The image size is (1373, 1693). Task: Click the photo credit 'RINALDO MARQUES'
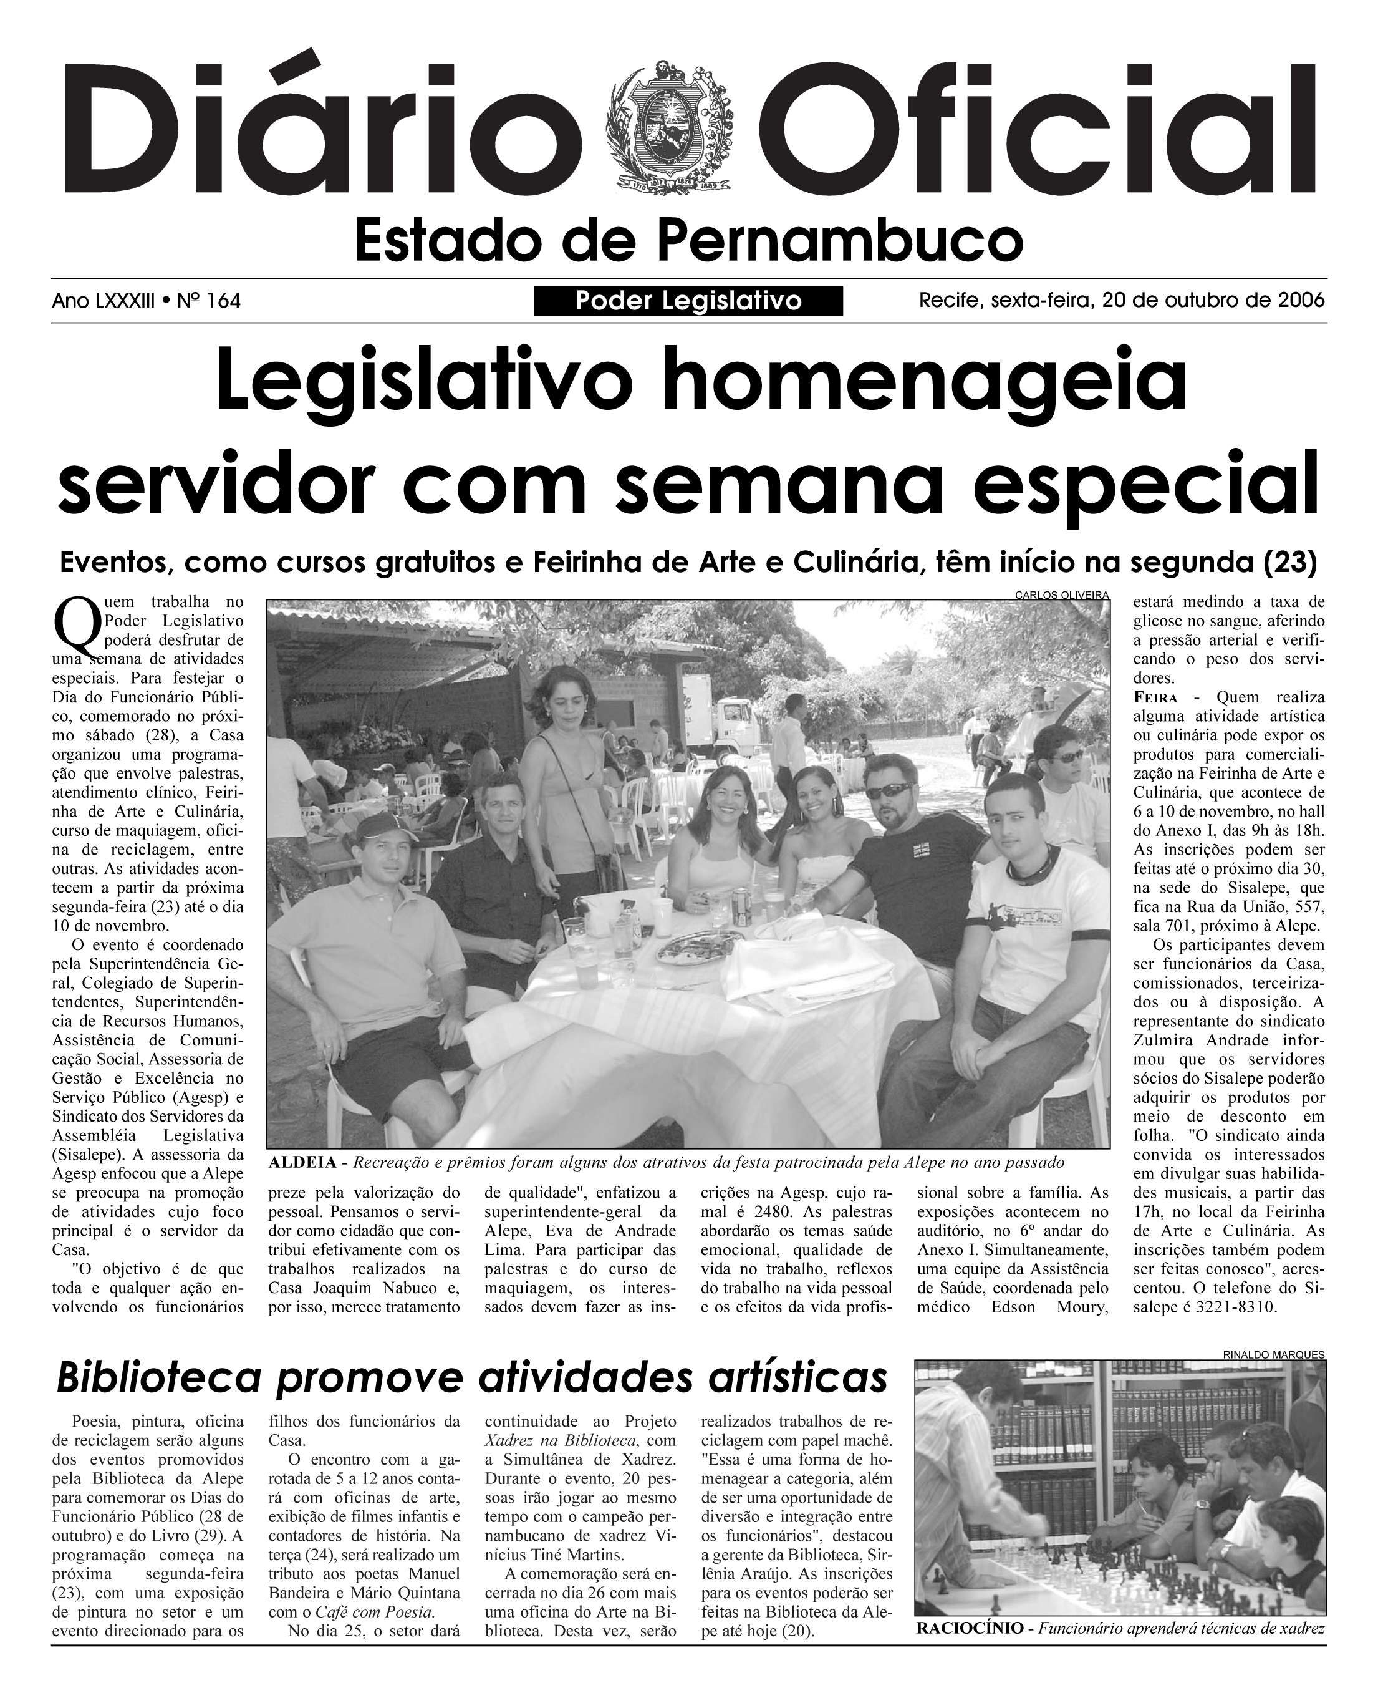click(1273, 1354)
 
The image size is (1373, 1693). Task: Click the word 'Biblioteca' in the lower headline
click(158, 1378)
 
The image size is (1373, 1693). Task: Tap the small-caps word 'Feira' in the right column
click(1155, 698)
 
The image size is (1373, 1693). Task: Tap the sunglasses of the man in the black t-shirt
click(890, 790)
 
